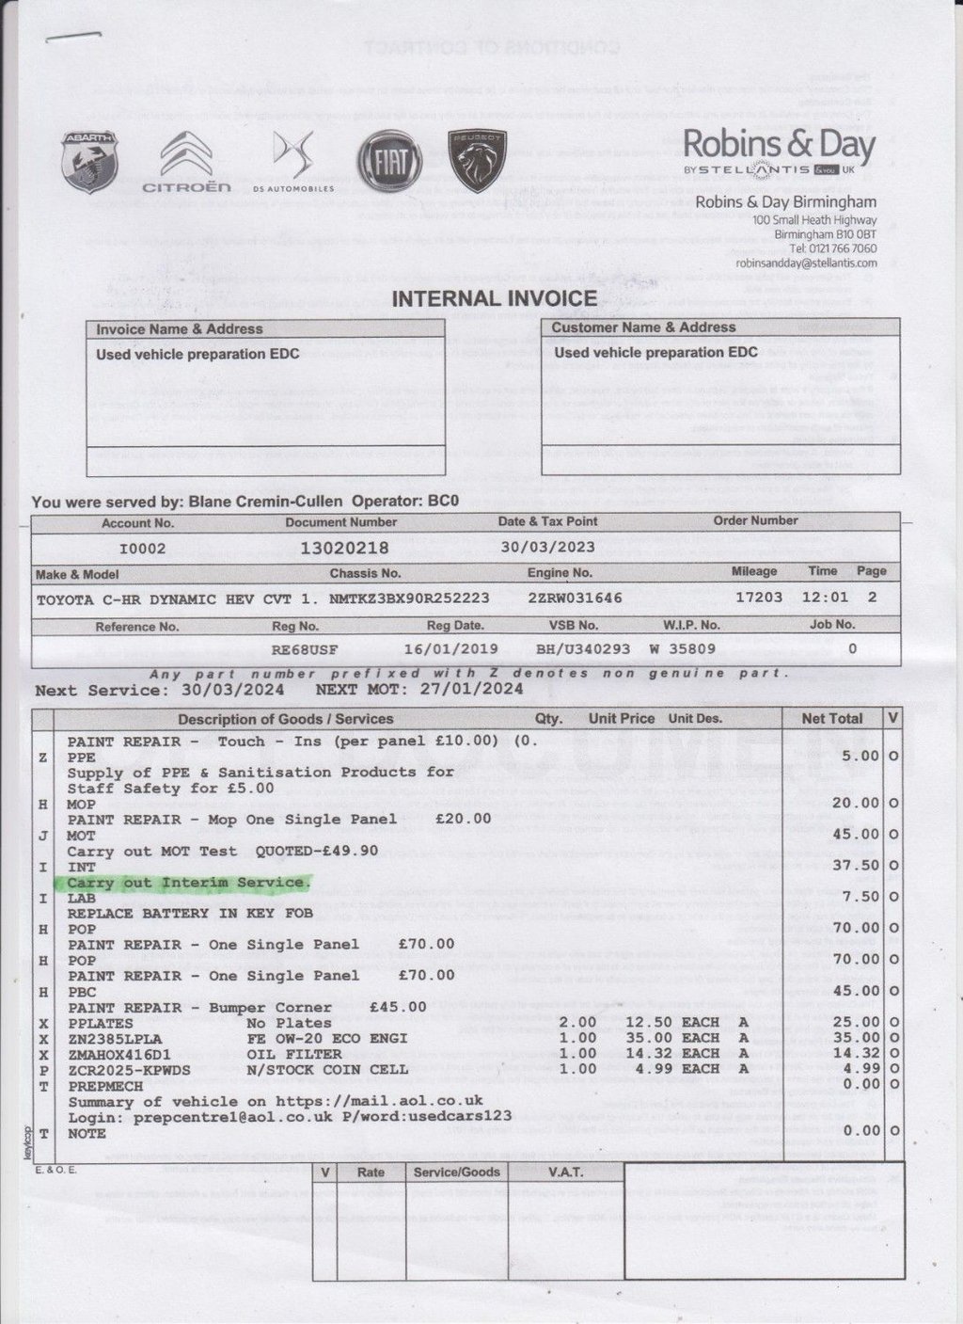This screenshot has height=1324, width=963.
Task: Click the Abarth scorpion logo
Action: click(x=88, y=162)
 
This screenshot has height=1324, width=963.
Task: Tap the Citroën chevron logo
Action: click(x=186, y=161)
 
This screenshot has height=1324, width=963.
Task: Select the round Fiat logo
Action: click(x=389, y=162)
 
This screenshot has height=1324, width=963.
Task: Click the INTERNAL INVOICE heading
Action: click(x=494, y=299)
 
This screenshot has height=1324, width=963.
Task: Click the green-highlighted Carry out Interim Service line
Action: click(x=187, y=883)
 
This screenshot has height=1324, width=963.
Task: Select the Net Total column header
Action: click(x=831, y=718)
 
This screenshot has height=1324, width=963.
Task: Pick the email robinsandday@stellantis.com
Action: click(x=806, y=263)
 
